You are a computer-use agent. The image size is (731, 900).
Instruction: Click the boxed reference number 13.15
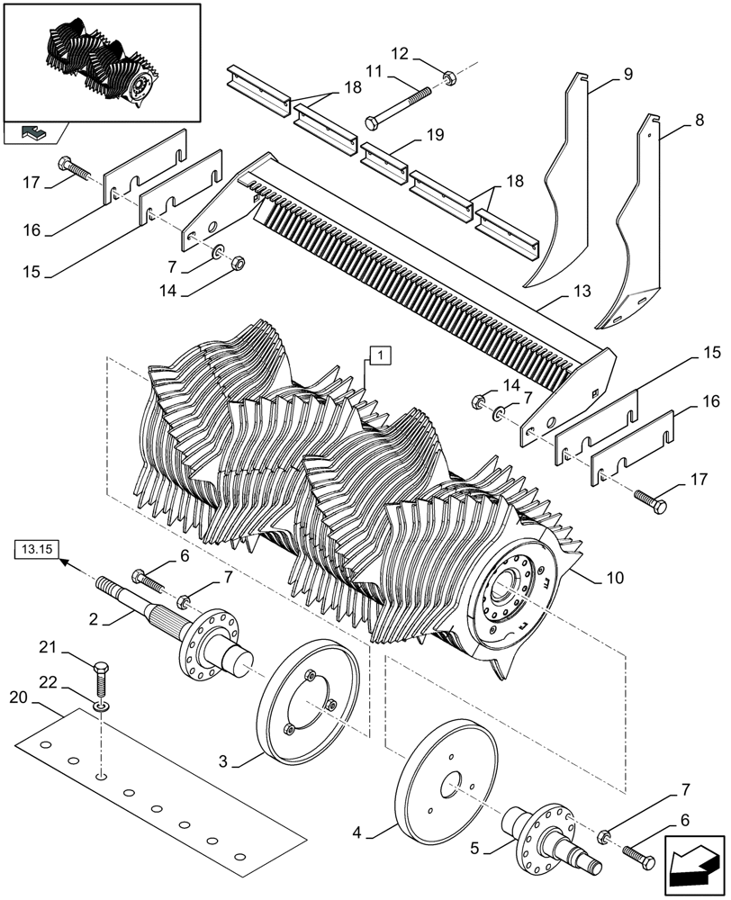pos(35,548)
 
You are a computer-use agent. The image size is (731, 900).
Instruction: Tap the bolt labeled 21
pos(102,674)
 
